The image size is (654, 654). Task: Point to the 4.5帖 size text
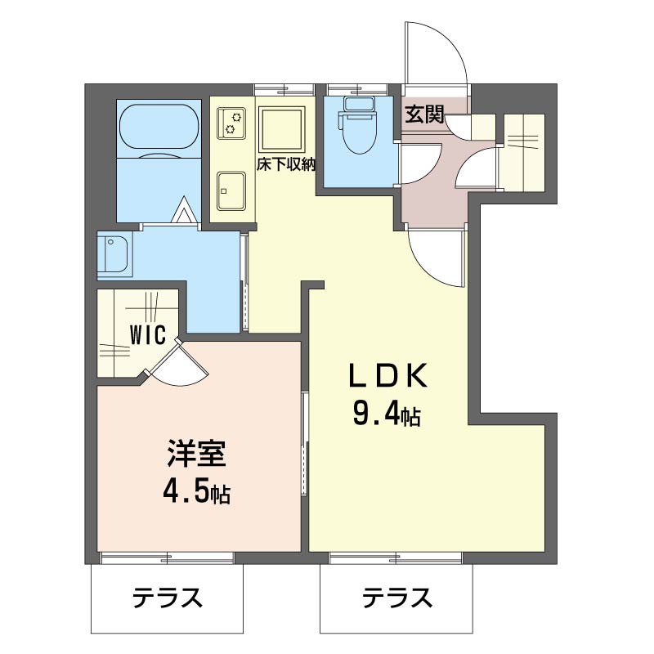pyautogui.click(x=195, y=492)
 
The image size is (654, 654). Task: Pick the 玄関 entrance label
pyautogui.click(x=424, y=115)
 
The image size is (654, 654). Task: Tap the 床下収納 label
pyautogui.click(x=287, y=163)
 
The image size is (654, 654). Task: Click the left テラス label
pyautogui.click(x=167, y=599)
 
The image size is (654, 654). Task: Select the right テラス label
pyautogui.click(x=397, y=599)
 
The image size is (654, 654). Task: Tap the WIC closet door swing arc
pyautogui.click(x=181, y=366)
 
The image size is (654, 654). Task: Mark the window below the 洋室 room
pyautogui.click(x=167, y=558)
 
